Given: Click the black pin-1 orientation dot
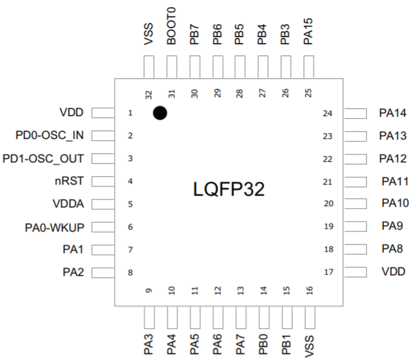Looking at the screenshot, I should (160, 113).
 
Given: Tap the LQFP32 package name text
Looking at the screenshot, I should (229, 189).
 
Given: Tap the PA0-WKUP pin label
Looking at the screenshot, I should (55, 226).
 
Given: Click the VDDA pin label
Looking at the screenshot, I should (69, 203).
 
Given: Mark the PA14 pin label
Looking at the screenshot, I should (392, 113).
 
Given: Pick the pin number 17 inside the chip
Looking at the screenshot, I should (328, 272).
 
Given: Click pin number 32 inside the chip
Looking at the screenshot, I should (149, 93).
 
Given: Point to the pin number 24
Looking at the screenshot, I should (328, 113).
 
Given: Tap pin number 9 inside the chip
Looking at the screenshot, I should (149, 290).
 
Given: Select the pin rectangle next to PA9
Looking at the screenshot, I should (356, 226).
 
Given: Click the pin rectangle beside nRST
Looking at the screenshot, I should (102, 181).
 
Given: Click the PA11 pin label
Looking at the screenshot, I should (394, 181).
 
